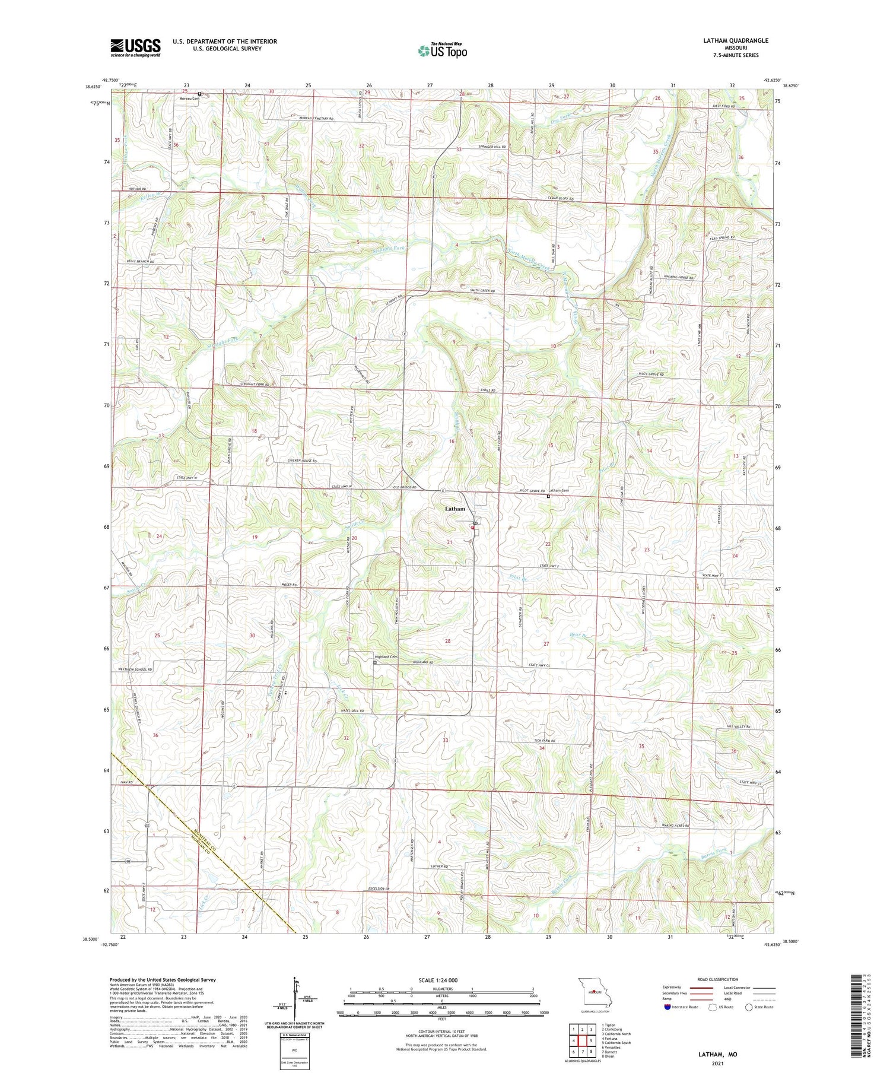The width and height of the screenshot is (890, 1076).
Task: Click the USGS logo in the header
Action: click(135, 47)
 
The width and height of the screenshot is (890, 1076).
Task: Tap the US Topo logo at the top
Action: click(442, 51)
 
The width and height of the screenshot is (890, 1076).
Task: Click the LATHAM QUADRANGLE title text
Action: click(733, 40)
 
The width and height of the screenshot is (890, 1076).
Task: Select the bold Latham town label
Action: click(455, 509)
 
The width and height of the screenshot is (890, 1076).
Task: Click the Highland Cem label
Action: click(386, 656)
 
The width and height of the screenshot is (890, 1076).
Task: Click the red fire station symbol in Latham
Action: click(473, 527)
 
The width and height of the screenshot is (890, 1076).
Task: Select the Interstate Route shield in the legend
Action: click(667, 1007)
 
